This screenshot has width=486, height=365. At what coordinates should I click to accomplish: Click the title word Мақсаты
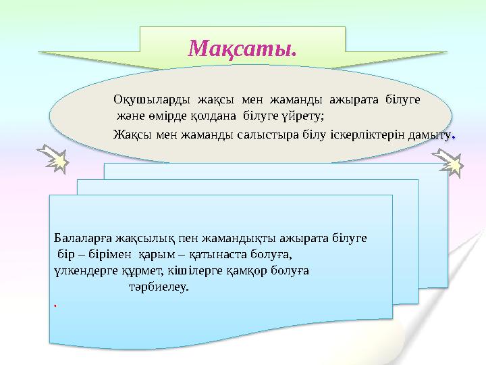242,49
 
